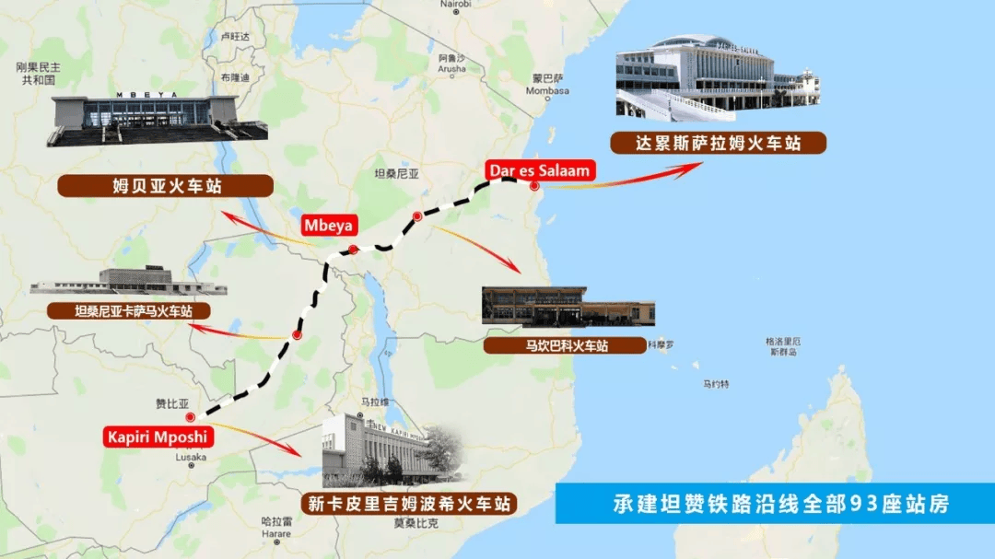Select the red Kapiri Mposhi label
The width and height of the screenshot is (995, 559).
[158, 436]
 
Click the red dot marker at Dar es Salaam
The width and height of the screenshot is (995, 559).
[533, 186]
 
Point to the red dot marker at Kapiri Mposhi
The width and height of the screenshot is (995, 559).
[190, 417]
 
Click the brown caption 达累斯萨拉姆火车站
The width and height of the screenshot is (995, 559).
[718, 143]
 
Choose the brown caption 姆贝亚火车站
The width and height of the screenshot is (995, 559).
[166, 186]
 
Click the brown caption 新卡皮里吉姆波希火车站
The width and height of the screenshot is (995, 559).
[407, 504]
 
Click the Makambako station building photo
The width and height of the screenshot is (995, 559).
[568, 308]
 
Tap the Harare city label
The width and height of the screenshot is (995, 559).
[275, 533]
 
